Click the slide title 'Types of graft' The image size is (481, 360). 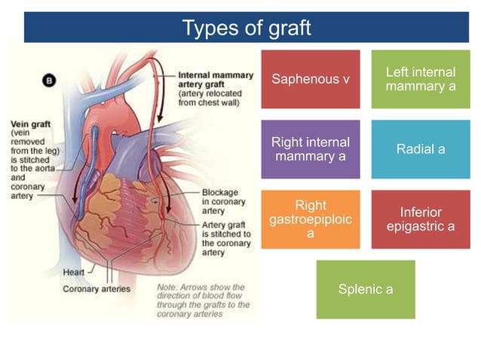click(247, 28)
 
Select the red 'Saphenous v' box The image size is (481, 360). click(310, 78)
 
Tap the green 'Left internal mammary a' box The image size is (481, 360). click(420, 78)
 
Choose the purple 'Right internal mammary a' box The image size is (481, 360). click(310, 149)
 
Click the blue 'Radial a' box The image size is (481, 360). click(420, 149)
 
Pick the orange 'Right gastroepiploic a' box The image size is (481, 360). click(310, 219)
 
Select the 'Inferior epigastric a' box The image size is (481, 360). click(420, 219)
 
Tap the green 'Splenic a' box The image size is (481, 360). click(365, 289)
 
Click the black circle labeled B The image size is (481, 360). click(50, 80)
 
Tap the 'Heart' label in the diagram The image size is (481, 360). click(73, 270)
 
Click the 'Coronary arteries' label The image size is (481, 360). click(96, 288)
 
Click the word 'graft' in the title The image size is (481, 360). click(289, 28)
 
